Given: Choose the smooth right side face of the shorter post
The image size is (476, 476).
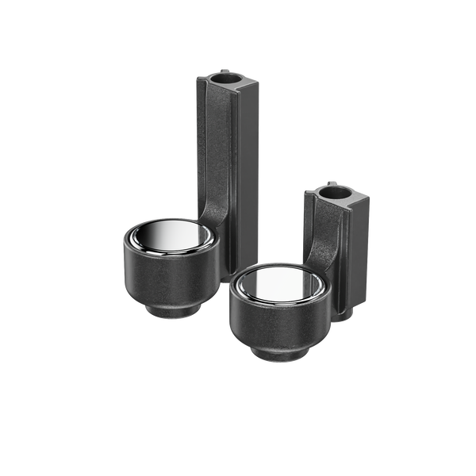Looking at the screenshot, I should click(359, 254).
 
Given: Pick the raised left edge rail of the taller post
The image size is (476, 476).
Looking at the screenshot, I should click(202, 143).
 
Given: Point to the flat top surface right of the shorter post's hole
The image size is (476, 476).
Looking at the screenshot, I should click(357, 198).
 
